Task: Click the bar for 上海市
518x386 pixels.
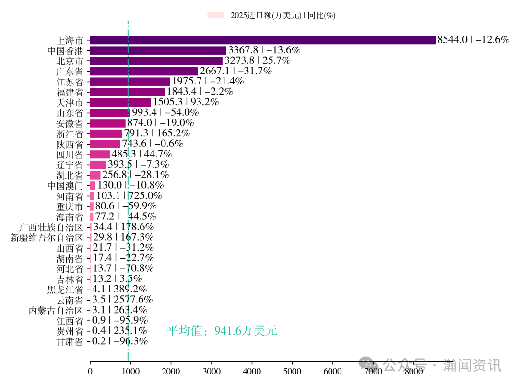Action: coord(262,40)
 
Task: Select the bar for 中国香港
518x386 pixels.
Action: coord(158,50)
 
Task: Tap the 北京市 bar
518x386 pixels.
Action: coord(156,61)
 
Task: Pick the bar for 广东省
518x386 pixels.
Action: coord(144,71)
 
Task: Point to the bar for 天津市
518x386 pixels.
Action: coord(120,102)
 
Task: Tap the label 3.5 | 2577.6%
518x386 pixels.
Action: coord(122,300)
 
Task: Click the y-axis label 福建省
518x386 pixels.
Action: coord(70,92)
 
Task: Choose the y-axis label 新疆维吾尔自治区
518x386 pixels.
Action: coord(47,237)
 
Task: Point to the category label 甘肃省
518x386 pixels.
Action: coord(70,341)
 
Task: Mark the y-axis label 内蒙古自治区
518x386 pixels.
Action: coord(56,310)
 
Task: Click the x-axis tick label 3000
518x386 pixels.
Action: coord(212,371)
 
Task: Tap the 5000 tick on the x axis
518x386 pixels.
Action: coord(293,371)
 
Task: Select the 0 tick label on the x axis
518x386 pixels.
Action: coord(90,371)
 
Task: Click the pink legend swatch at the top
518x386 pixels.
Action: coord(216,15)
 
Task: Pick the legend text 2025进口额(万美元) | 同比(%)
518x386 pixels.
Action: coord(283,15)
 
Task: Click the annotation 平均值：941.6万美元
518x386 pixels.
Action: coord(222,331)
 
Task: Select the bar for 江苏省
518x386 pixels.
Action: coord(130,82)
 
